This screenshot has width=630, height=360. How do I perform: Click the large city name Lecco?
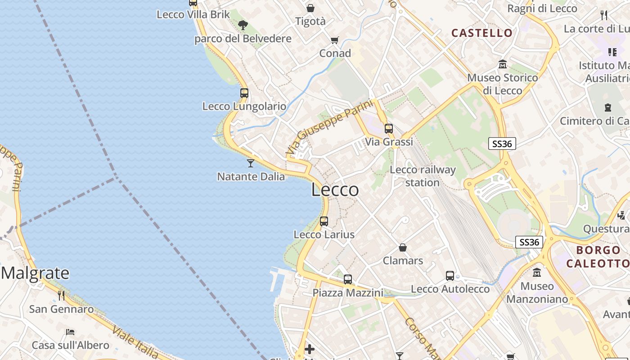335,190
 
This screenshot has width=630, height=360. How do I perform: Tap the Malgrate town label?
35,273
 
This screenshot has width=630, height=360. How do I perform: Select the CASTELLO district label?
482,33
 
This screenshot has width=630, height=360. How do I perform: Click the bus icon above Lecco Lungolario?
244,93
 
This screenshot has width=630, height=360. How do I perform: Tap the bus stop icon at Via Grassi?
389,128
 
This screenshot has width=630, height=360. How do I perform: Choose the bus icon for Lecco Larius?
324,221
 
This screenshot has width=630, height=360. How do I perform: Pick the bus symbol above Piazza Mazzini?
348,279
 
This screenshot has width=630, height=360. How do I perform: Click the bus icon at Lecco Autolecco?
450,276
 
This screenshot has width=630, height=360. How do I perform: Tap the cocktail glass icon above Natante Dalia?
251,163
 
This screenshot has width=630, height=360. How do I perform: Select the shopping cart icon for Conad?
334,40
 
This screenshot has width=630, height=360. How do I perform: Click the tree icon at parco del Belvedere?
243,25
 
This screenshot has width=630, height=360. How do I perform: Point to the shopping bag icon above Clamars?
403,247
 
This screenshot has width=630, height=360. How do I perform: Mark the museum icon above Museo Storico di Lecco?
503,65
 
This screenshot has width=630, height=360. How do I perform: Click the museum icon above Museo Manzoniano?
537,273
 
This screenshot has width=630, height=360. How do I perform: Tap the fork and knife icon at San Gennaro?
61,296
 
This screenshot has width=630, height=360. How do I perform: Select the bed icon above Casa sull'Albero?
70,332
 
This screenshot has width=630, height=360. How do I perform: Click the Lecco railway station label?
423,176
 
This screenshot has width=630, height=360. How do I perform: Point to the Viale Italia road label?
135,342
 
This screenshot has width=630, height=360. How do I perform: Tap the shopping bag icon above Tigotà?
310,8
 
